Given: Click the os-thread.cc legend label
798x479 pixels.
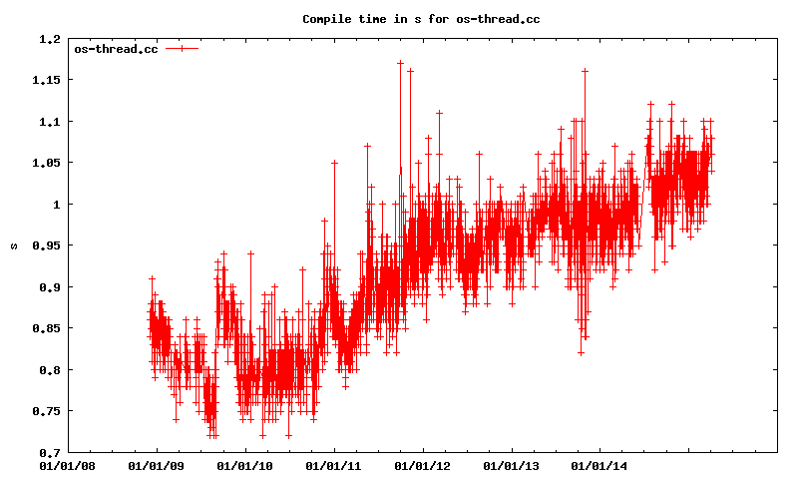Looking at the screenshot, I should click(x=116, y=48).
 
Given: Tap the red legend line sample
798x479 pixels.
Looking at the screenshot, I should click(x=183, y=48).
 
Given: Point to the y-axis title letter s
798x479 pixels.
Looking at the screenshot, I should click(x=13, y=245).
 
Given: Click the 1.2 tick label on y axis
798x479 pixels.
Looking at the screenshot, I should click(x=49, y=39).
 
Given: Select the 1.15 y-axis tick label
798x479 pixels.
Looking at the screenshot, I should click(x=46, y=80).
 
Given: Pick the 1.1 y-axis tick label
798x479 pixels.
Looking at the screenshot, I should click(x=49, y=122).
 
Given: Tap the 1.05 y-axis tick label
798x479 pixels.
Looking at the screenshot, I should click(x=46, y=163).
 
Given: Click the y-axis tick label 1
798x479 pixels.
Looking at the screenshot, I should click(x=57, y=205).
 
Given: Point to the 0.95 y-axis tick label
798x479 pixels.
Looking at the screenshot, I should click(x=46, y=245).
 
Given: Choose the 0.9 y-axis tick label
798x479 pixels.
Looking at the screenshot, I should click(x=49, y=287).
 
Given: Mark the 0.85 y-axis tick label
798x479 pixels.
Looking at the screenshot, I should click(x=46, y=328).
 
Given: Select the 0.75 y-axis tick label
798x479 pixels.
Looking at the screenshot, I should click(x=46, y=411).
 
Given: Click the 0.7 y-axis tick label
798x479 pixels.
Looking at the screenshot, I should click(x=49, y=452).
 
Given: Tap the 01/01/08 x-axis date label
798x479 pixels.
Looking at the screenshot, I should click(x=68, y=465).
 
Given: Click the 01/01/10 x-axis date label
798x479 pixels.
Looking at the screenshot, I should click(x=244, y=465).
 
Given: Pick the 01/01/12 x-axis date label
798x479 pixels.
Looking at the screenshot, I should click(x=422, y=465).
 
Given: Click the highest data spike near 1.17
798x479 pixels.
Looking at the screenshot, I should click(x=400, y=63).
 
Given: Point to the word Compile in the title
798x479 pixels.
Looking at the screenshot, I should click(x=327, y=18).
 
